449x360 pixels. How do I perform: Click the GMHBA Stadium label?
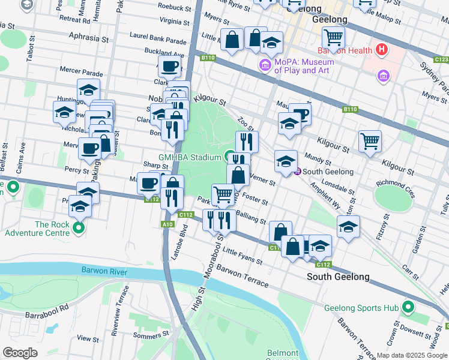click(190, 158)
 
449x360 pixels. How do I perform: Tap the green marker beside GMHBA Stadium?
click(229, 158)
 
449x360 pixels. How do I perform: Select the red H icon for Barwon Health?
click(379, 49)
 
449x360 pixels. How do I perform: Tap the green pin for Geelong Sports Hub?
click(408, 308)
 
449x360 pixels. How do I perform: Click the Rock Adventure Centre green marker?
click(79, 228)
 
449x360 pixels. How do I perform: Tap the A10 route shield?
click(169, 224)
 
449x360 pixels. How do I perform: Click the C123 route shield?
click(441, 59)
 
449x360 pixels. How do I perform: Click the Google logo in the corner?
click(20, 353)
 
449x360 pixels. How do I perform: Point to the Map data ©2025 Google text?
click(412, 355)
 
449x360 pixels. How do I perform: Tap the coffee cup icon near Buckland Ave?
click(169, 66)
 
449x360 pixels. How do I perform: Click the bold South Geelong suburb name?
click(338, 277)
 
